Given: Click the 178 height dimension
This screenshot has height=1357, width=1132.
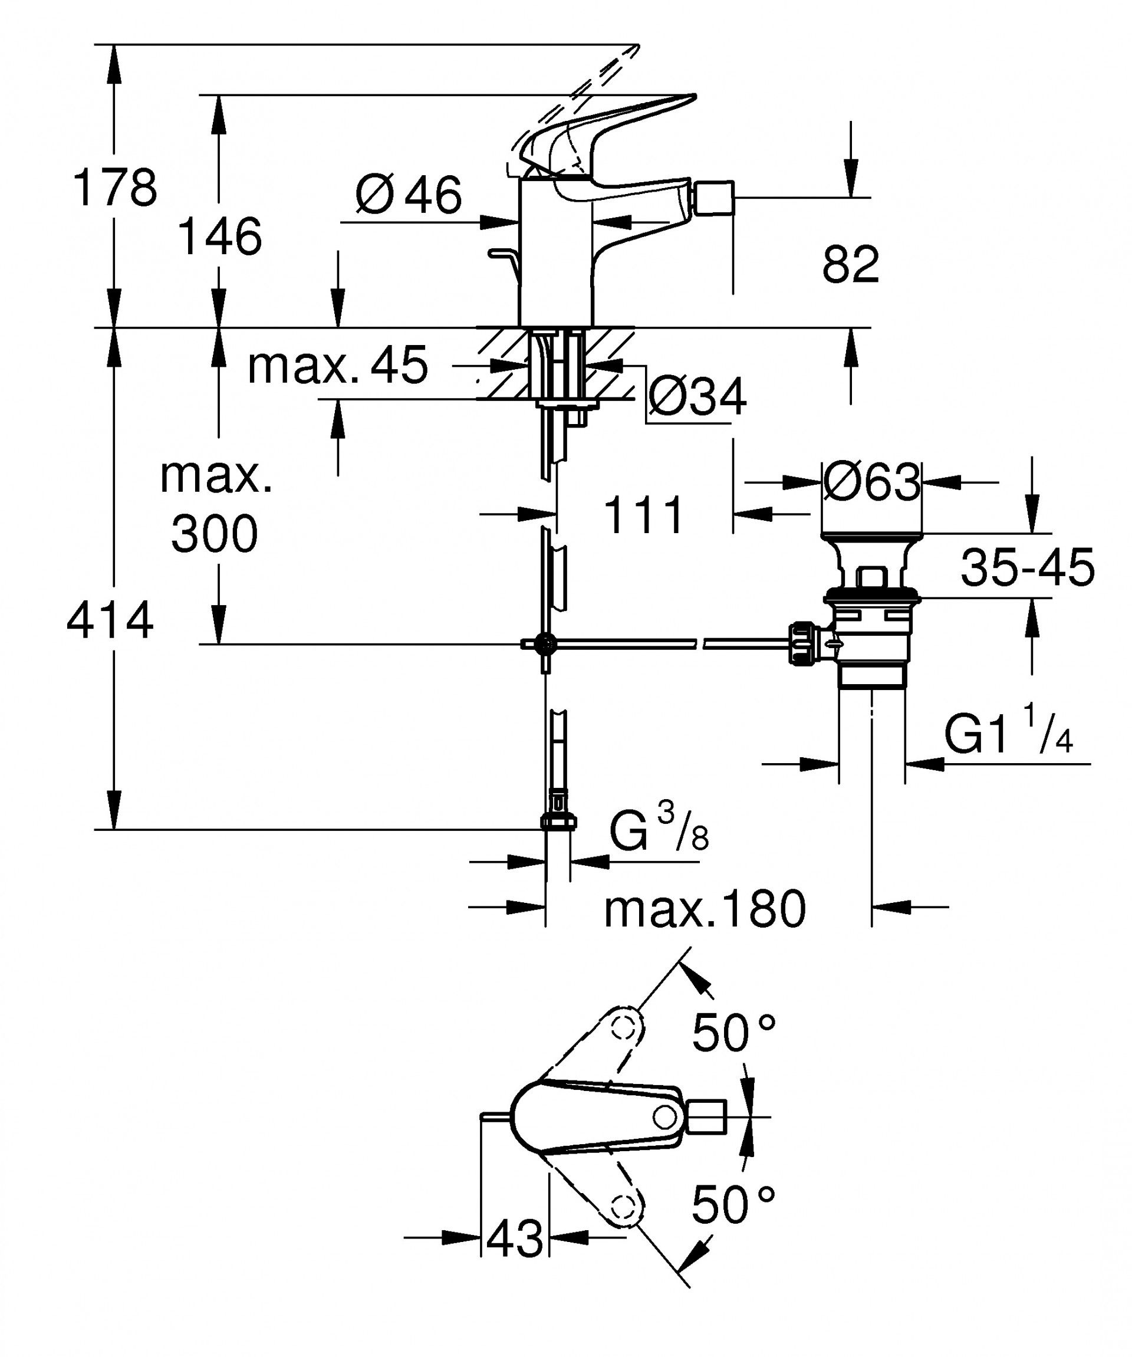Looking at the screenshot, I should pyautogui.click(x=115, y=188).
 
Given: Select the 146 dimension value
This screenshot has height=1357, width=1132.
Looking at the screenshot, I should pyautogui.click(x=220, y=236).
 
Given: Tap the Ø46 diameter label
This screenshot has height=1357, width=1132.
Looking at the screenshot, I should pyautogui.click(x=409, y=195).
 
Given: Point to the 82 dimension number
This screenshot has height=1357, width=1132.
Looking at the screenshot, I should pyautogui.click(x=850, y=264).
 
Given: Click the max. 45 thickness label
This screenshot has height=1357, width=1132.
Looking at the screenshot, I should pyautogui.click(x=337, y=366).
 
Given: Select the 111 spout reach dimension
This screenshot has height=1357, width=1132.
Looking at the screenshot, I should pyautogui.click(x=644, y=515).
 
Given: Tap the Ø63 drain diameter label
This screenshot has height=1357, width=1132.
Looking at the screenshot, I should pyautogui.click(x=871, y=482).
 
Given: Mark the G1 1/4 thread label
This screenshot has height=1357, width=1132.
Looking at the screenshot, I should pyautogui.click(x=1009, y=735).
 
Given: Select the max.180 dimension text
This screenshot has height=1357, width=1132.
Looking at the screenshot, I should pyautogui.click(x=705, y=909).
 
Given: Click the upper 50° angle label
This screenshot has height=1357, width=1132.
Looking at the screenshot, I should pyautogui.click(x=733, y=1033).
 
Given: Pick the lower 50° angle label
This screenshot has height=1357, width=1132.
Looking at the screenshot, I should pyautogui.click(x=733, y=1206).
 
